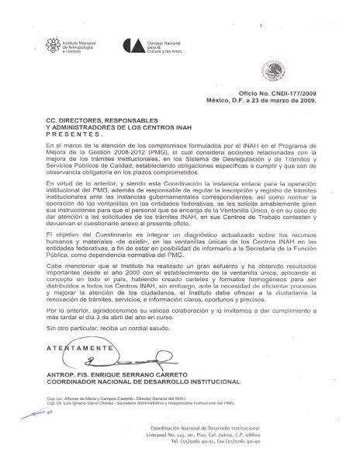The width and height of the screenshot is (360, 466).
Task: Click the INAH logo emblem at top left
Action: pos(54,44)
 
